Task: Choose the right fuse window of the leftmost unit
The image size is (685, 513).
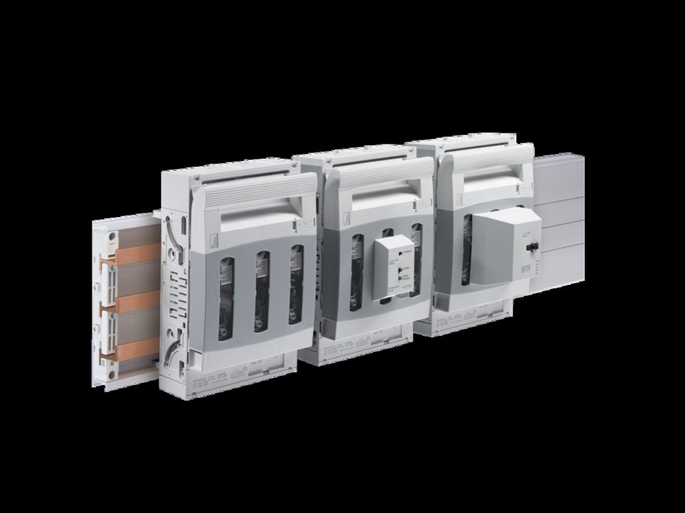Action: [x=295, y=285]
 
